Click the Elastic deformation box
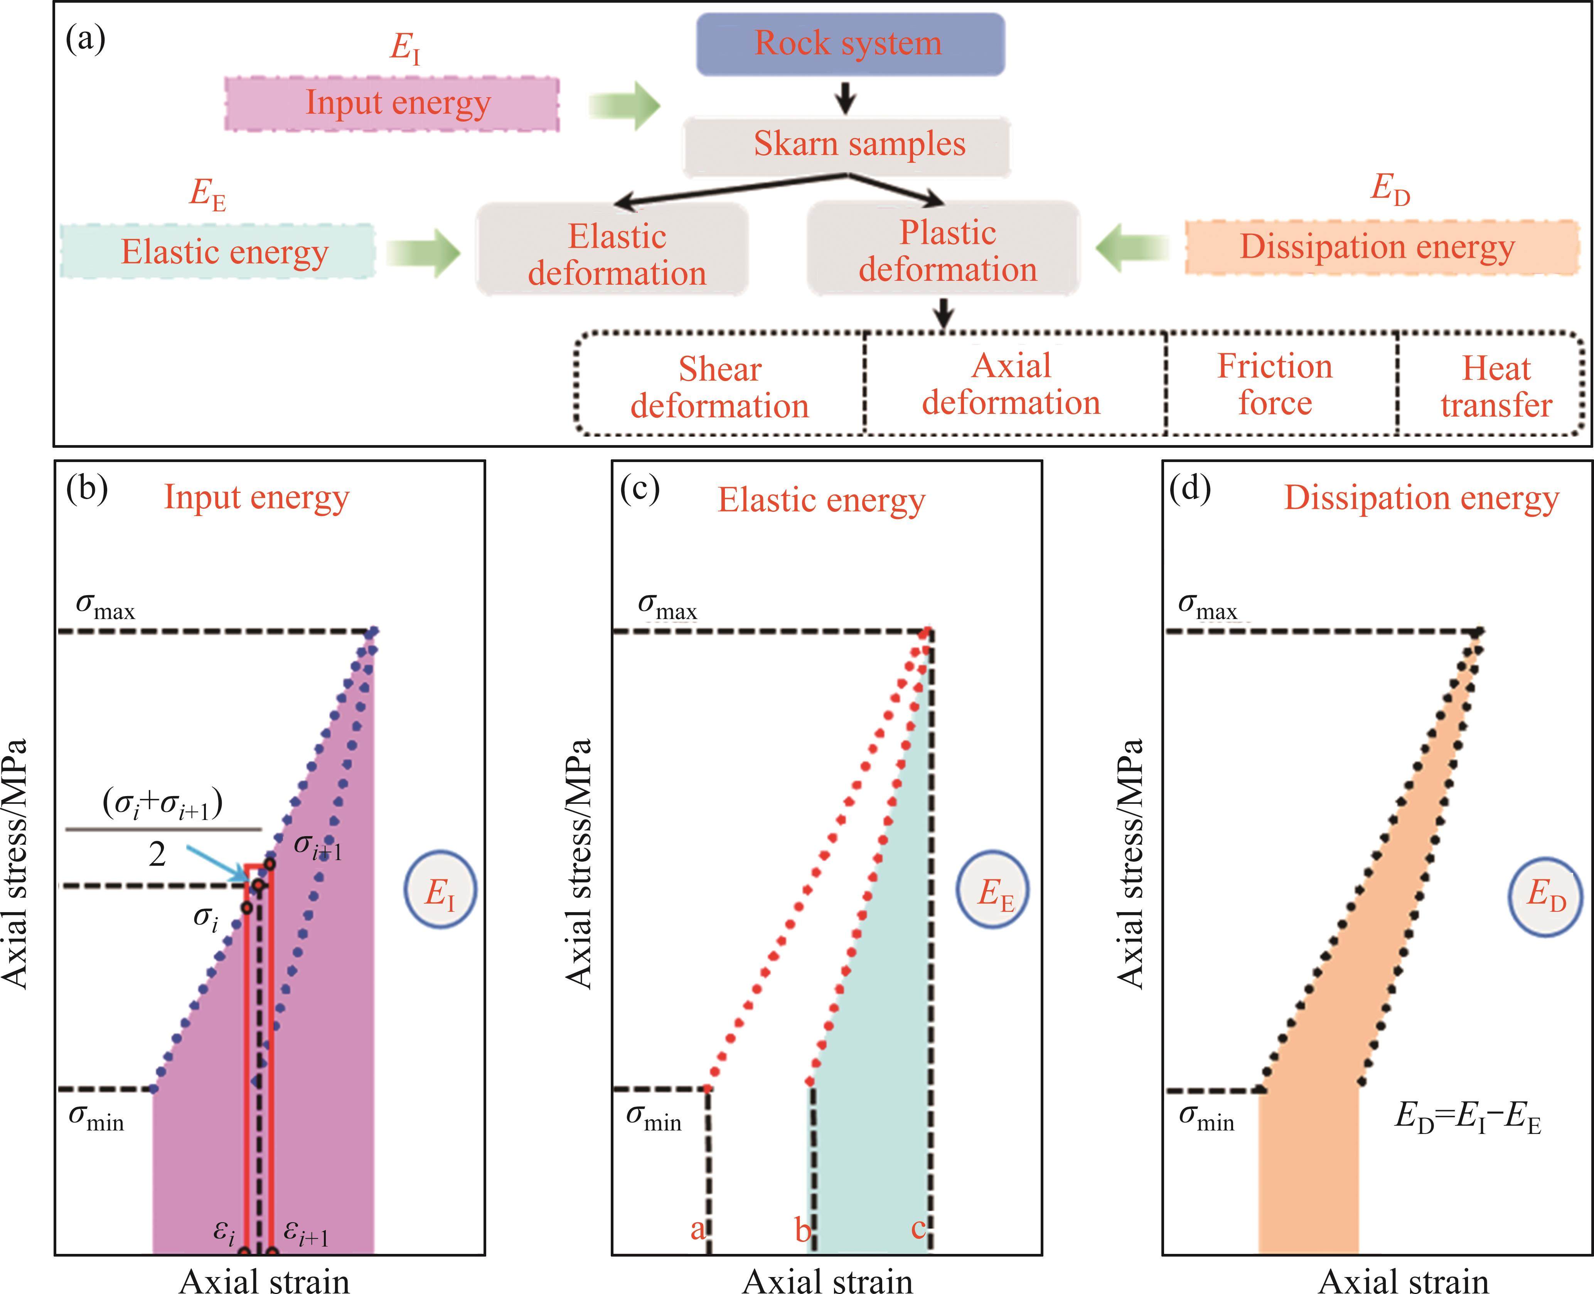tap(613, 250)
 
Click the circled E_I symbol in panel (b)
tap(440, 889)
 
